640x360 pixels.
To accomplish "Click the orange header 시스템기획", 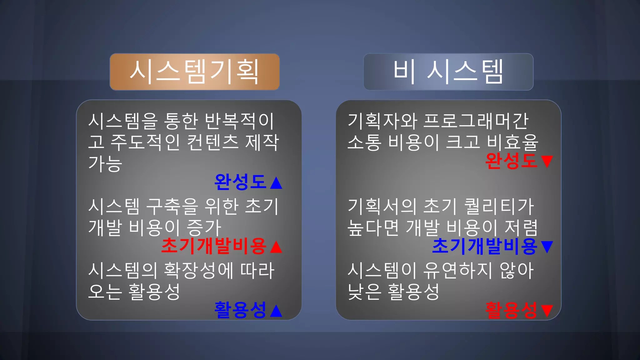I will [x=194, y=72].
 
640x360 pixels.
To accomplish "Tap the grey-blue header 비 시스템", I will [x=448, y=72].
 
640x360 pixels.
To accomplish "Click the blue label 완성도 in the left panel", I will [x=240, y=182].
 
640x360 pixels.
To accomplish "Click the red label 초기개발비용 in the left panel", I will [x=214, y=246].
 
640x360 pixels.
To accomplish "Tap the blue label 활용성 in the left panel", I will [x=240, y=310].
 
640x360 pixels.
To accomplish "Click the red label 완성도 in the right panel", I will [x=511, y=161].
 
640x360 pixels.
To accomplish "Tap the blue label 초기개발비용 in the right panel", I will [x=485, y=246].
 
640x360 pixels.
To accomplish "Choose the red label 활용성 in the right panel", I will [x=511, y=310].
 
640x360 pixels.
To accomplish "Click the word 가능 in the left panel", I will [x=105, y=163].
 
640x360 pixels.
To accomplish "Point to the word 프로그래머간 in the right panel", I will [x=476, y=121].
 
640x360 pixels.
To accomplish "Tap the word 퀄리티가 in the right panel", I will [x=499, y=207].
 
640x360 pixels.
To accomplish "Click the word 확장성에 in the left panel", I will [x=199, y=271].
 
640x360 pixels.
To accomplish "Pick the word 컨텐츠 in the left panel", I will [x=212, y=142].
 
